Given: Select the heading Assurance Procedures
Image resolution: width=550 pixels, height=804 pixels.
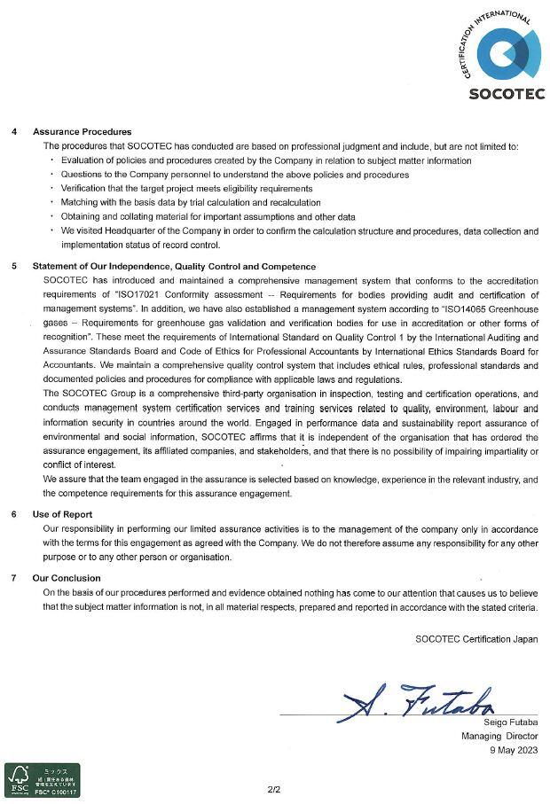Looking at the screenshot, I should pos(82,132).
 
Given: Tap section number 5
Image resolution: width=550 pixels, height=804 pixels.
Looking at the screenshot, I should pos(14,266).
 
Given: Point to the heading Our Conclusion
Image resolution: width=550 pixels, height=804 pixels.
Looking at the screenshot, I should pos(67,578).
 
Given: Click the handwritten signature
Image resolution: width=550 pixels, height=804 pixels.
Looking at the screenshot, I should pos(417,703).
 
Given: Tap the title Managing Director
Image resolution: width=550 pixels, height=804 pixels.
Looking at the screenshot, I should pos(499,737).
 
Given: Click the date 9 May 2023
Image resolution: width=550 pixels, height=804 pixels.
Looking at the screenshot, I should pos(514,750).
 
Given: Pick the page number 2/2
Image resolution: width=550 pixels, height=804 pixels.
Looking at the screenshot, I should pos(274,788).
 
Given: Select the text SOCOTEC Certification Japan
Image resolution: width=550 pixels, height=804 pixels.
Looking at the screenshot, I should pos(476,638).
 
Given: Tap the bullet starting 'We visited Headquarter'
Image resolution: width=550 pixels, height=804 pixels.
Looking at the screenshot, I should pos(293,231).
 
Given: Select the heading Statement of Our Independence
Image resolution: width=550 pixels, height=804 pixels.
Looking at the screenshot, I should pos(174,266).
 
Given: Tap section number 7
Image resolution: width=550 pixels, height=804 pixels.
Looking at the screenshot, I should pos(14,578).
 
